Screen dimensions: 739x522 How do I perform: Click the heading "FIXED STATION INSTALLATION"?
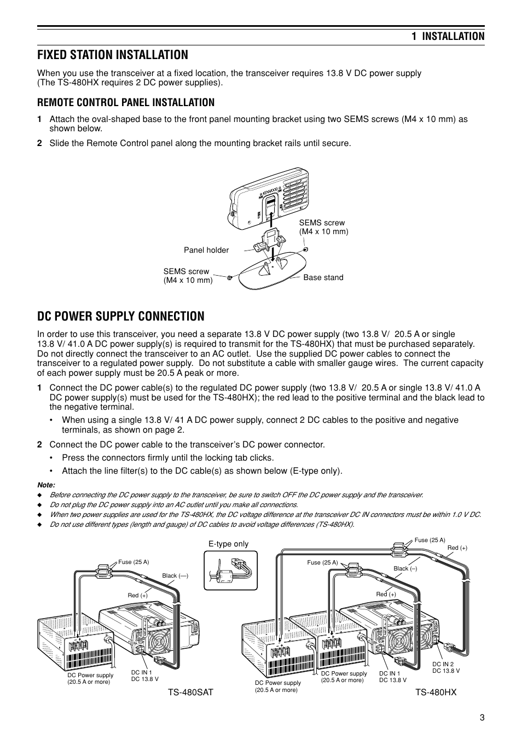click(112, 55)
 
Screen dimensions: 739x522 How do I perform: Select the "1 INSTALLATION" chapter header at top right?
click(448, 36)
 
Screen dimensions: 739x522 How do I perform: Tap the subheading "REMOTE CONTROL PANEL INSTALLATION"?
click(126, 102)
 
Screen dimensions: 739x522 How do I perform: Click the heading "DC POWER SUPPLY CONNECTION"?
click(121, 316)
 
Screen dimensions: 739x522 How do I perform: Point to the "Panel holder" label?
click(206, 250)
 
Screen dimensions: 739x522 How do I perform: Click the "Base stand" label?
click(323, 277)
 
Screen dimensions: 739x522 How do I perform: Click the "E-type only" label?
click(228, 544)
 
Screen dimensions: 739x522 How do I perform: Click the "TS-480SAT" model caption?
click(190, 693)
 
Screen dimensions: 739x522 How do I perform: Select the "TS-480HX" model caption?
click(435, 693)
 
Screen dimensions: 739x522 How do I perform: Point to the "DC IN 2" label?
click(443, 664)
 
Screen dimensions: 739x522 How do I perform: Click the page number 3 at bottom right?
click(482, 718)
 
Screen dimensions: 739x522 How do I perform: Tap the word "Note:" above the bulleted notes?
click(46, 485)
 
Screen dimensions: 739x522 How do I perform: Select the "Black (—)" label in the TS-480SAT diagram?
click(175, 575)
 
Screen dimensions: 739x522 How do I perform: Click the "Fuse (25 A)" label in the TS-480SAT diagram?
click(134, 562)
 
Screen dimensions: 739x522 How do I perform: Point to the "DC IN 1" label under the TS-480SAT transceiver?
click(142, 672)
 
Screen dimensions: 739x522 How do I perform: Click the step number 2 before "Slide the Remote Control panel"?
click(39, 143)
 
